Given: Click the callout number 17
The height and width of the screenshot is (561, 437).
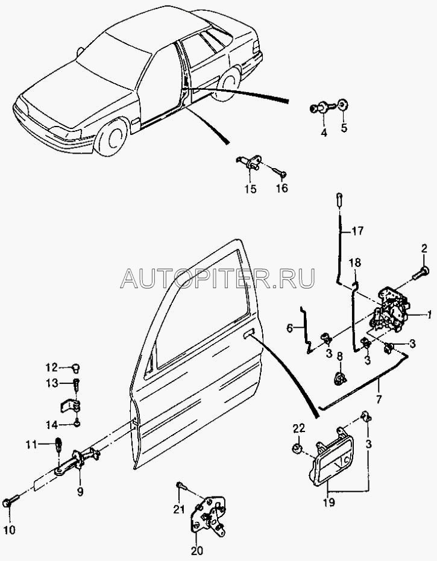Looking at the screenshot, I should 357,230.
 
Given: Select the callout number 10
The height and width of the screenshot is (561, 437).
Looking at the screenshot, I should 11,530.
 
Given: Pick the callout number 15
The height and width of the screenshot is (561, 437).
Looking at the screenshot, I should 250,189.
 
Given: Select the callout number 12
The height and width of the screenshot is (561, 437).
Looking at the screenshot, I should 52,366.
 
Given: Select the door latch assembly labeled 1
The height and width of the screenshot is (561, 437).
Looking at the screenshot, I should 392,311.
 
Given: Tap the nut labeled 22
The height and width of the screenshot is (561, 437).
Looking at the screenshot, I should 296,449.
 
